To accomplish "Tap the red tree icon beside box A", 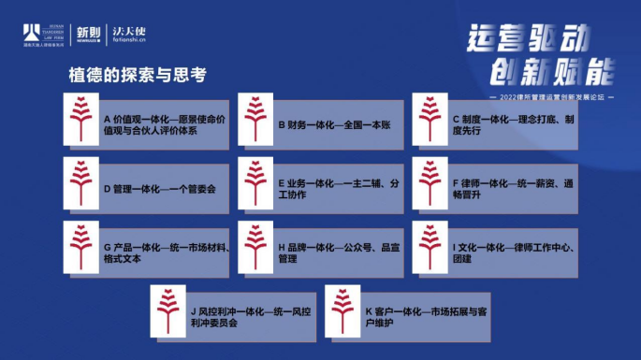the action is [80, 119].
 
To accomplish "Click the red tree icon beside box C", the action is [430, 119].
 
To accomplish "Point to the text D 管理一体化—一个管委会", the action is [160, 188].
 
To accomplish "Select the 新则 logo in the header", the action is [86, 35].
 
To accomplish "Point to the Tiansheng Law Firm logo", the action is [42, 35].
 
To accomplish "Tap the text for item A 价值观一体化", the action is [156, 124].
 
